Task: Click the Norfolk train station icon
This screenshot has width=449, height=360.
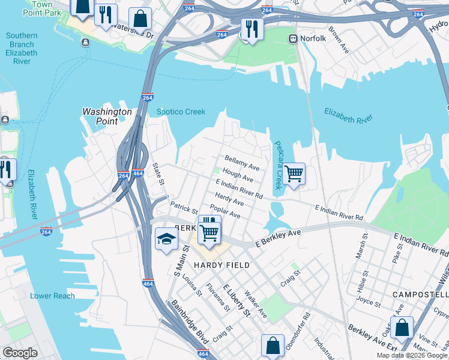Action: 294,39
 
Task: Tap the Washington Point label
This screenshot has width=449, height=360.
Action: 107,116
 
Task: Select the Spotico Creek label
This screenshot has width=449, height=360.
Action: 181,112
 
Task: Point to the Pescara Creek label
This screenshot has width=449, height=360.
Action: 278,165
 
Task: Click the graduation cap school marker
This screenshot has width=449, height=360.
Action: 166,240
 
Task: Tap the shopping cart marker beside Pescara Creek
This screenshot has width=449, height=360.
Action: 294,174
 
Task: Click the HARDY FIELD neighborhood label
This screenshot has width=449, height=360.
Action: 221,265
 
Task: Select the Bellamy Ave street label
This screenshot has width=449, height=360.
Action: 242,163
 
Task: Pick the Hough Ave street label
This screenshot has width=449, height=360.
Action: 238,176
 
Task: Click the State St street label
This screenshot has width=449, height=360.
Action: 157,174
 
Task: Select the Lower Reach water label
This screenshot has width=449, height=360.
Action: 53,296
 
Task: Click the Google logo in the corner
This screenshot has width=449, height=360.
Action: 20,353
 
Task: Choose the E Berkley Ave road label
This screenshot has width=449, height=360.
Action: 277,238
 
